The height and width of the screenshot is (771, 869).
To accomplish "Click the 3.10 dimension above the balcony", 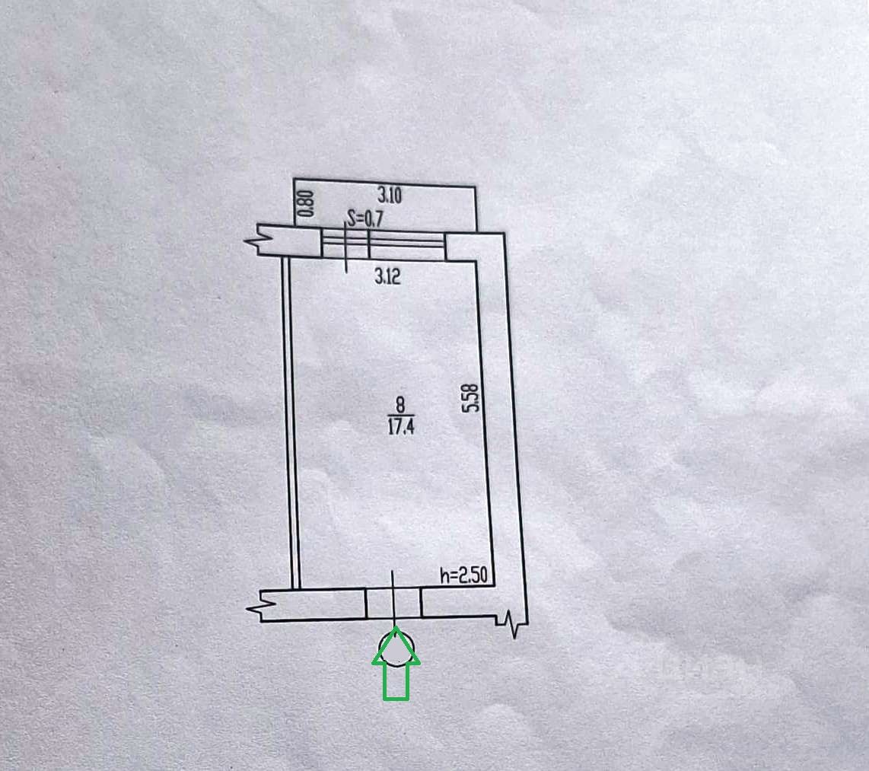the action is click(x=389, y=195).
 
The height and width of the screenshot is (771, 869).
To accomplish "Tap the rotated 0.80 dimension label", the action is click(x=305, y=204).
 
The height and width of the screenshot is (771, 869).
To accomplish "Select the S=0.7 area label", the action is click(x=363, y=219).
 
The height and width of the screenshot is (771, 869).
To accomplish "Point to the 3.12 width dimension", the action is click(x=387, y=276).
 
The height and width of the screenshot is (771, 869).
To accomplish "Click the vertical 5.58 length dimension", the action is click(x=473, y=398).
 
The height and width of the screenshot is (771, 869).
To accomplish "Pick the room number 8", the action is click(x=400, y=406).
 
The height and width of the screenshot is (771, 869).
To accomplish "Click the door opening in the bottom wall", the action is click(x=393, y=603).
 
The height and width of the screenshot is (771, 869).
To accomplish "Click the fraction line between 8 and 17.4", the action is click(x=400, y=415).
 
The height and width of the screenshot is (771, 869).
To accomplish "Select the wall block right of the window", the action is click(x=461, y=246).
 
